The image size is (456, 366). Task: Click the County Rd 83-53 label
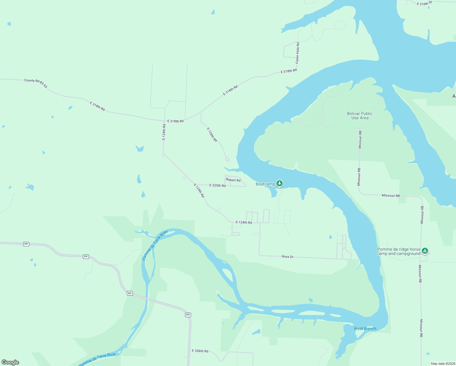pos(36,83)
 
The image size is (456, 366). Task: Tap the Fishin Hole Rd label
pos(297,53)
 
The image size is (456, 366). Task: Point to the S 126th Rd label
pos(212,135)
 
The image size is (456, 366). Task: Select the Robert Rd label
pos(233,180)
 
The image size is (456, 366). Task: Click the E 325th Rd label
pos(217,185)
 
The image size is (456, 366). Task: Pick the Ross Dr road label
pos(287,257)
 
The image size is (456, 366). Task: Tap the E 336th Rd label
pos(200,351)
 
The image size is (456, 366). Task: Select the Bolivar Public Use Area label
pos(360,116)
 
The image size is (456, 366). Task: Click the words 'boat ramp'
pos(265,184)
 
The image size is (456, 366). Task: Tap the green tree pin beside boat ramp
pos(280,183)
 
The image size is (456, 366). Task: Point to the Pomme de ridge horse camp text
pos(399,251)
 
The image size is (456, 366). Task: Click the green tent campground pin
pos(425,251)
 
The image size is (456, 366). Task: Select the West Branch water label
pos(365,328)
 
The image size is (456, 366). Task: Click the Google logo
pos(10,362)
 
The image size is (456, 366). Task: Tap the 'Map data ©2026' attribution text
pos(442,364)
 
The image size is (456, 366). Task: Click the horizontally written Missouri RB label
pos(390,196)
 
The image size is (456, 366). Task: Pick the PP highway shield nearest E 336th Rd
pos(188,315)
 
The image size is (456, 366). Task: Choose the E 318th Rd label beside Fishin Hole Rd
pos(289,71)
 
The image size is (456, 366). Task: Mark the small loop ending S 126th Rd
pos(227,159)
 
